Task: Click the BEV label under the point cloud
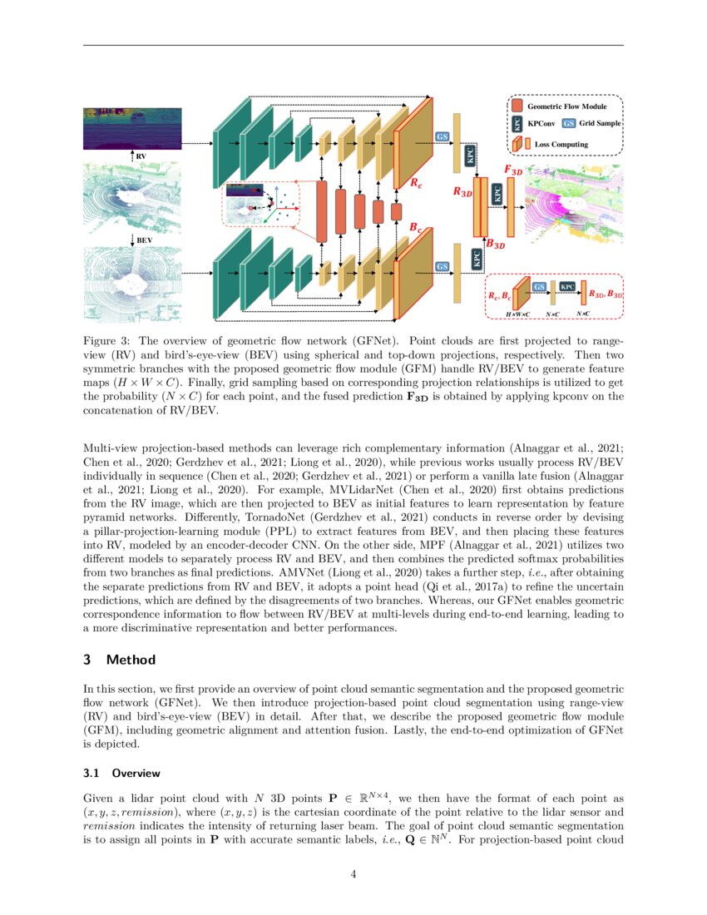click(144, 240)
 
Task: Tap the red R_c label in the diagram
click(415, 182)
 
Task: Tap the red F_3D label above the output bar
click(513, 170)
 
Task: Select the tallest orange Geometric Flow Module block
click(322, 210)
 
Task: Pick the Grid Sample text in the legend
click(601, 123)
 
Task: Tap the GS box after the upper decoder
click(442, 136)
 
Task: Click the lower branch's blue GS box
click(442, 266)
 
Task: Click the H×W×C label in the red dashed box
click(517, 314)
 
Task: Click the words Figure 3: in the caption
click(108, 340)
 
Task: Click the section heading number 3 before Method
click(88, 660)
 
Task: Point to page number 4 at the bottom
click(353, 873)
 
